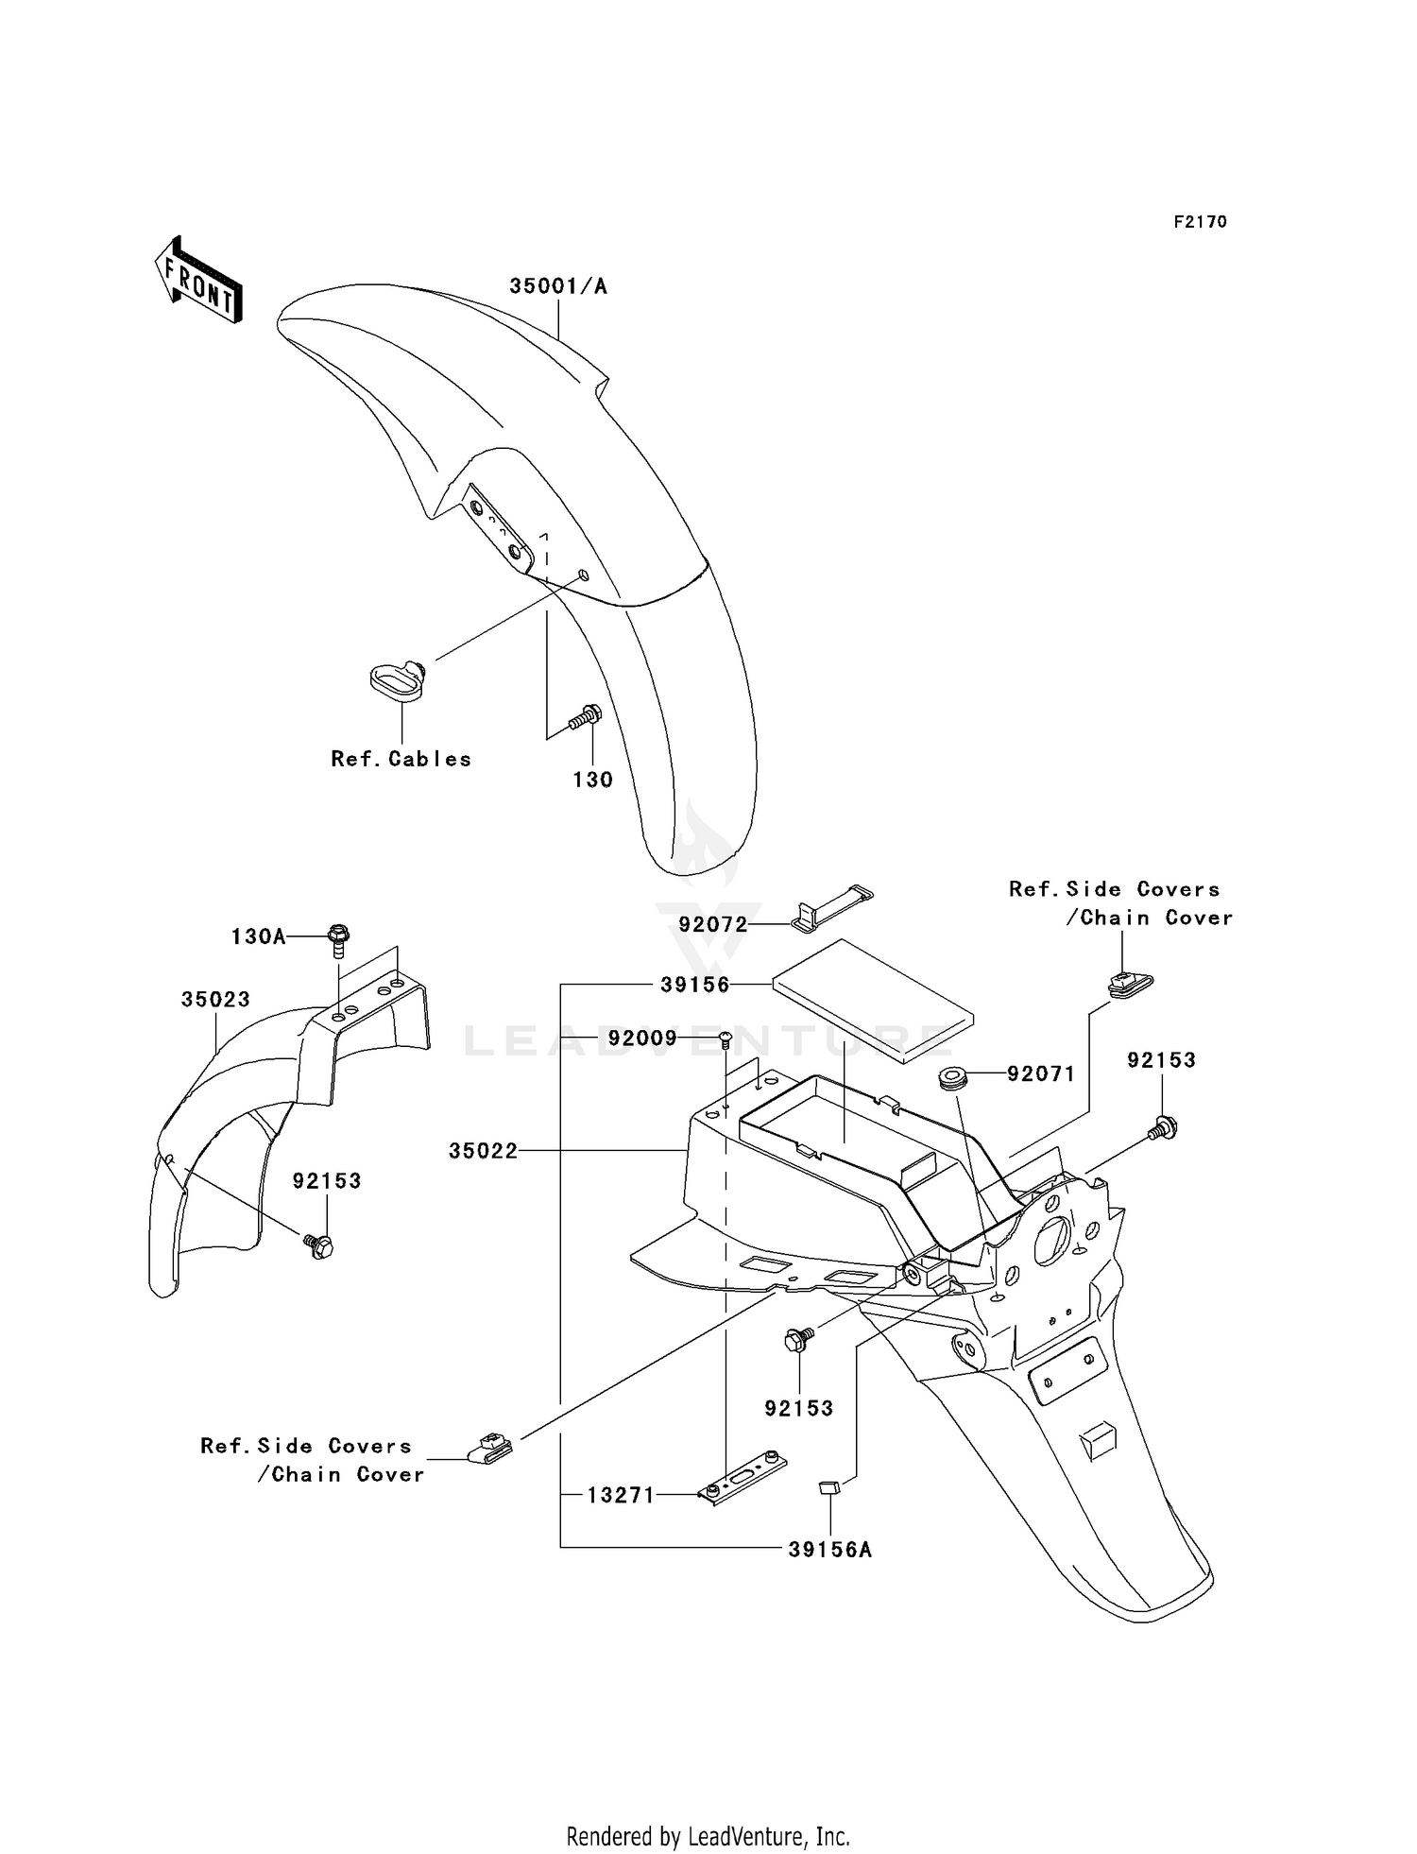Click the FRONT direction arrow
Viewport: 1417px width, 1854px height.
(198, 280)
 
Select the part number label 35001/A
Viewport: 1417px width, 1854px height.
(558, 286)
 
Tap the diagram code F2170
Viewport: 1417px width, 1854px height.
(1200, 222)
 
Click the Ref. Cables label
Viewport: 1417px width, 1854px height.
(401, 759)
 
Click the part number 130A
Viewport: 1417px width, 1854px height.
(258, 936)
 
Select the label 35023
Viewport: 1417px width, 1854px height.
(215, 1000)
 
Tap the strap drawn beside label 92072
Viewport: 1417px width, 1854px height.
(831, 905)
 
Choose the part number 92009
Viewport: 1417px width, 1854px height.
(642, 1039)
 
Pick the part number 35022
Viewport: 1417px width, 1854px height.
(483, 1151)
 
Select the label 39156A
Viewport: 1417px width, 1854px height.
(830, 1550)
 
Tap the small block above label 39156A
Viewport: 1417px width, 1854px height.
(828, 1490)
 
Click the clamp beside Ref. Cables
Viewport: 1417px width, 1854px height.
(397, 682)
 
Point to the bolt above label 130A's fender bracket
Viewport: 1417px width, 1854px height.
(337, 940)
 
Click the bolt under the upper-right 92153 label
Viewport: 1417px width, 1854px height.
(1164, 1126)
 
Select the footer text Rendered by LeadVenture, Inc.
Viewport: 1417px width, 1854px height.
(708, 1836)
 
